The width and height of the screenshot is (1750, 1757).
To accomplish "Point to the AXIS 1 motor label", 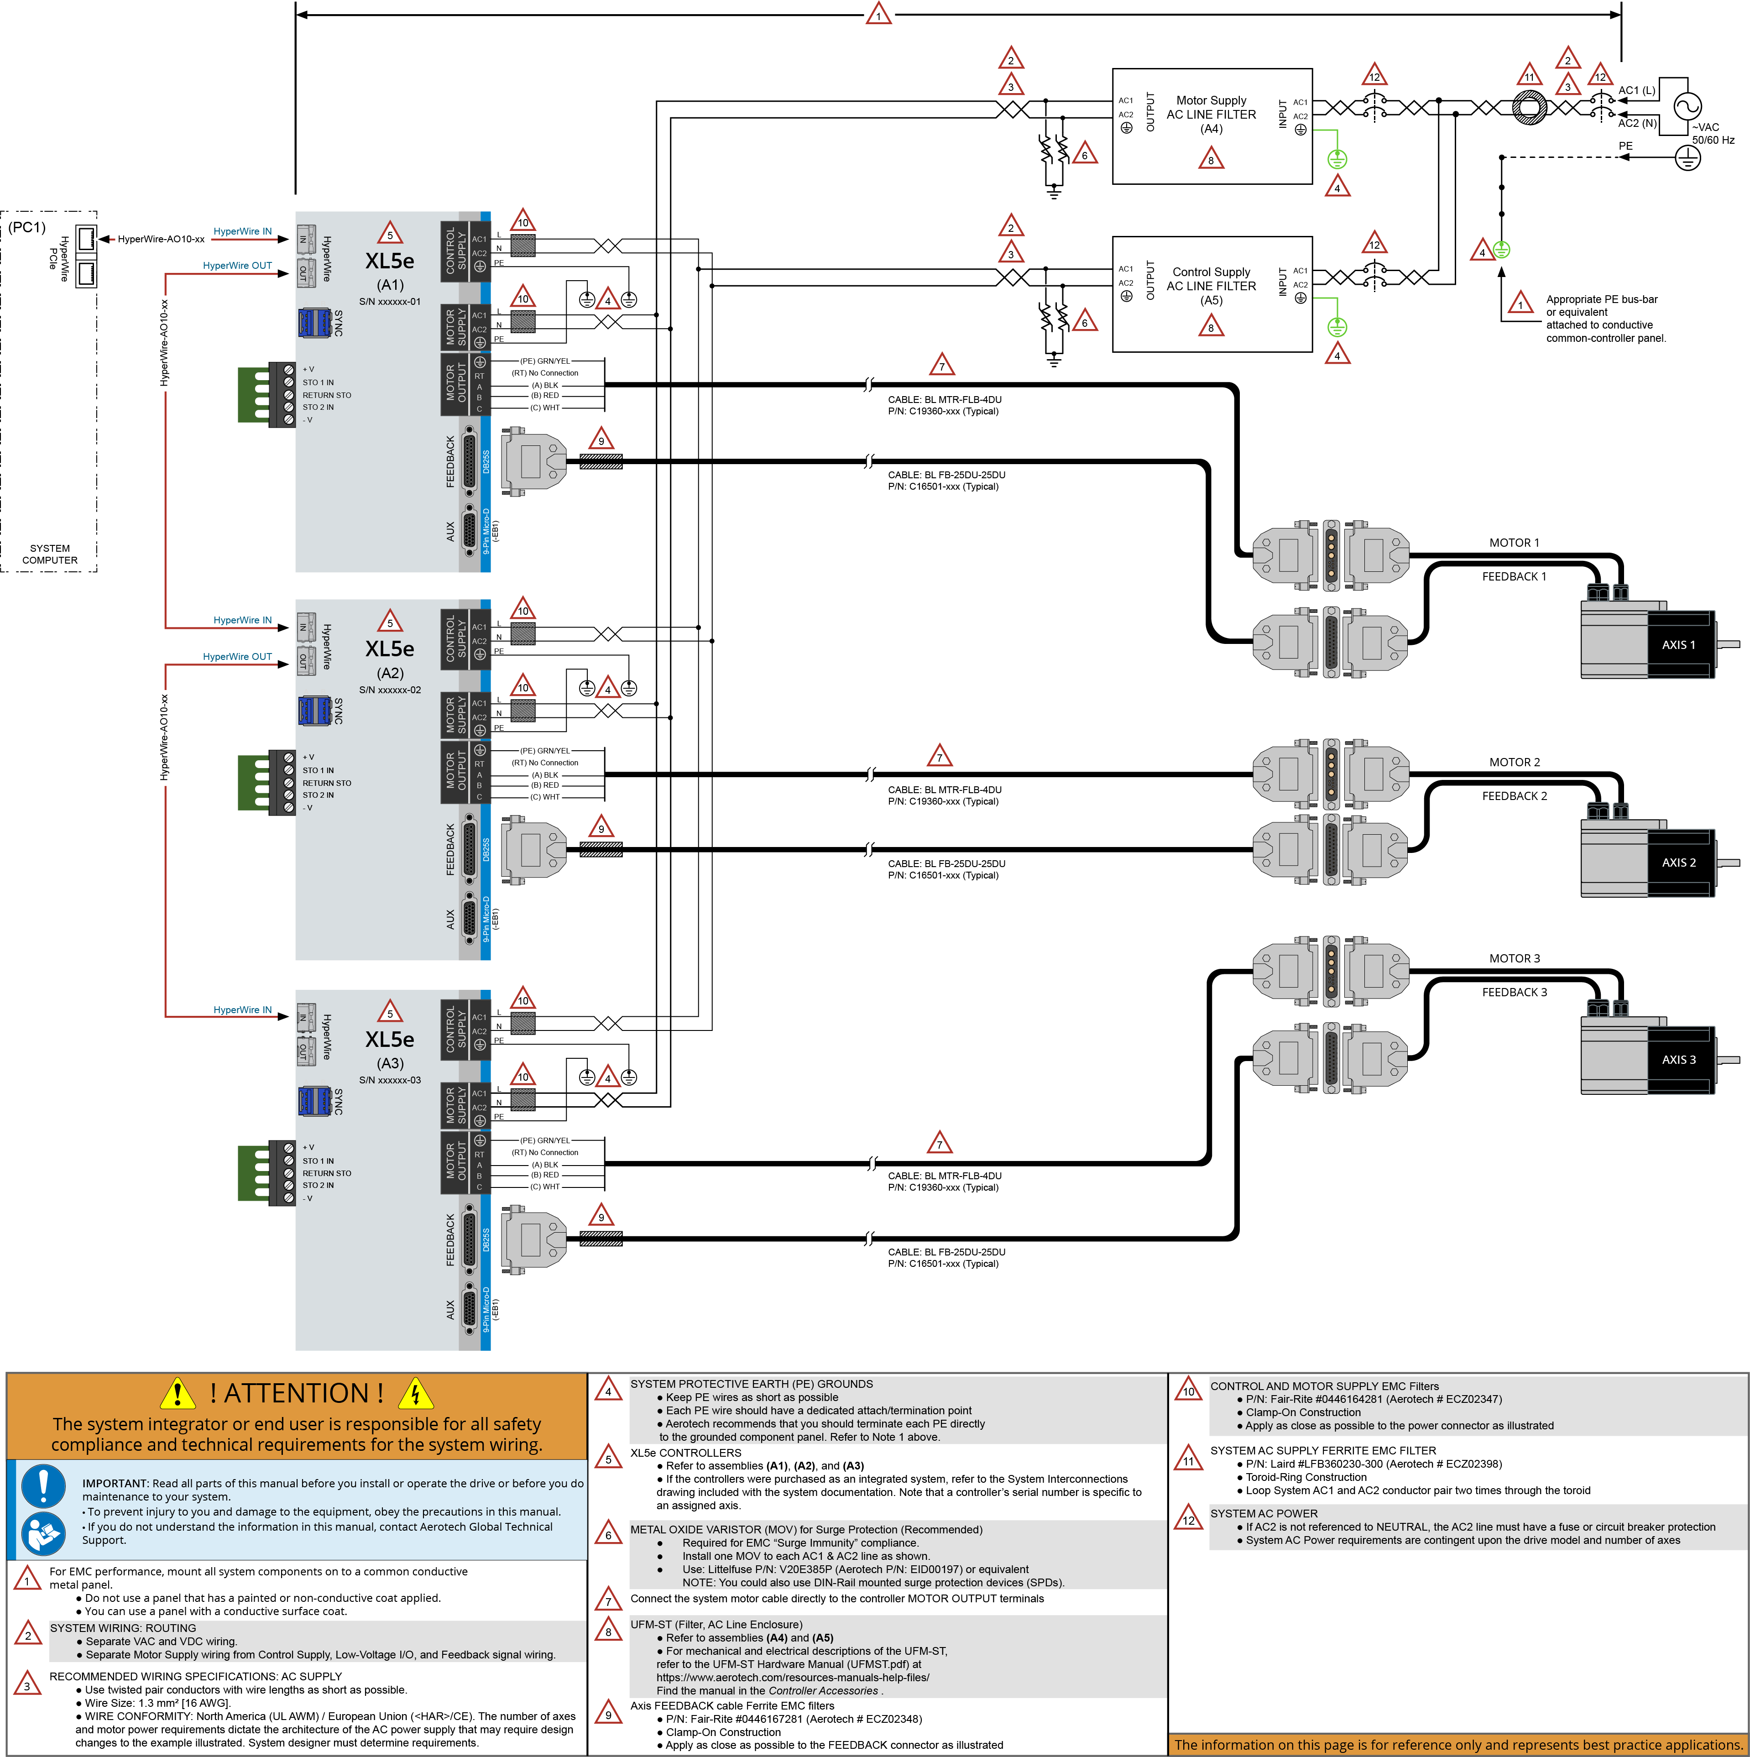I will [1678, 645].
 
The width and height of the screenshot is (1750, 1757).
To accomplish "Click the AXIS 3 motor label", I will [1678, 1060].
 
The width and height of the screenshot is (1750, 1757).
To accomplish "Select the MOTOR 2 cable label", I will [1514, 762].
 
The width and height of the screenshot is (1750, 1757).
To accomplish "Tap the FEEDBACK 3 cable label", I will [1514, 992].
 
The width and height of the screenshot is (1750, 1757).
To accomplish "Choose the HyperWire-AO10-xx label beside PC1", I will [161, 239].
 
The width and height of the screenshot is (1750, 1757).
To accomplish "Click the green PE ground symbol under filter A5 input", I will [1336, 326].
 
